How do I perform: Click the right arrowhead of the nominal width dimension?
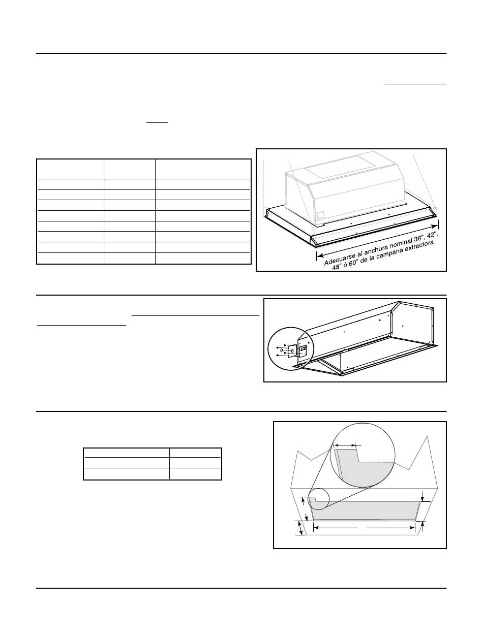tap(436, 226)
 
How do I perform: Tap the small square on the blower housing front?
tap(321, 215)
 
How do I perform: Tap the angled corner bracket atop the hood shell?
tap(395, 306)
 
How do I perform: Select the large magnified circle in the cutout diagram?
tap(362, 454)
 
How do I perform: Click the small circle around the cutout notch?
tap(318, 499)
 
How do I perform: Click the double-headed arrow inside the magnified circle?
tap(344, 445)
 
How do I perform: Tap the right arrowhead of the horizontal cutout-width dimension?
tap(411, 527)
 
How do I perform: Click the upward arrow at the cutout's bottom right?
tap(422, 527)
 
